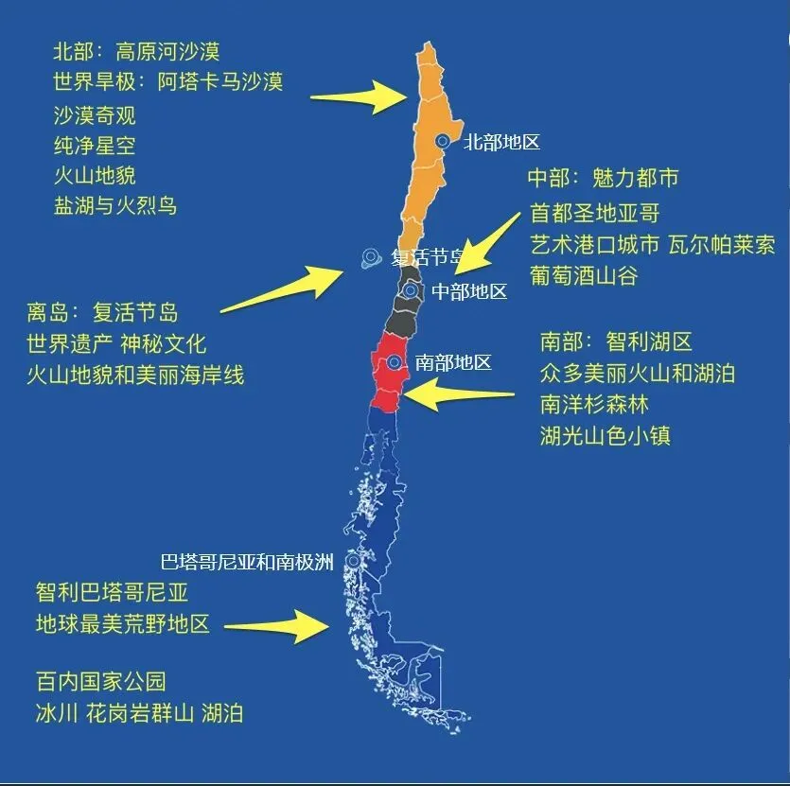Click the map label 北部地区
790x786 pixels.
(500, 143)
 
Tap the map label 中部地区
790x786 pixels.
(469, 291)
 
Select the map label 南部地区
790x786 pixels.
(453, 363)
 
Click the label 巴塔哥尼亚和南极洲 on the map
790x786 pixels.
(247, 563)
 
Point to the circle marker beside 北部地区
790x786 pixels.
(442, 141)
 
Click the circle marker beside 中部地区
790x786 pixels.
(410, 290)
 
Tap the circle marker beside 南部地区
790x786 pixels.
(394, 362)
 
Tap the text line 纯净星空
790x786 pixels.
(95, 146)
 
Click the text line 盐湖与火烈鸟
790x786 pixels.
(115, 205)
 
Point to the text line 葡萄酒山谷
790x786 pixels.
(584, 275)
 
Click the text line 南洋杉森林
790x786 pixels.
(594, 405)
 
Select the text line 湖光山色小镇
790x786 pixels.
(606, 436)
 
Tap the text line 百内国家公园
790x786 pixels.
(101, 681)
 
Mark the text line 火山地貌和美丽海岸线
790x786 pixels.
(135, 375)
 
